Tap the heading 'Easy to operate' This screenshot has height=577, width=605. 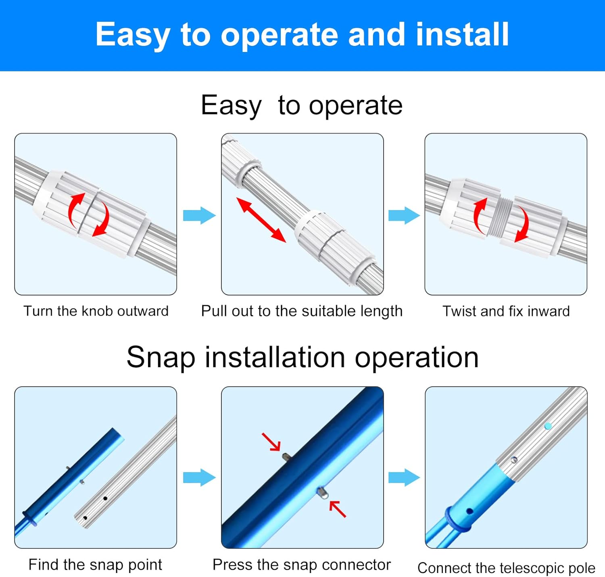[301, 106]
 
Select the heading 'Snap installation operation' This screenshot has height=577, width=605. [302, 357]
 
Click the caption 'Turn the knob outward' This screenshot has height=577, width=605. [96, 311]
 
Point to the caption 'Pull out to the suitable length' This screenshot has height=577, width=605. [302, 311]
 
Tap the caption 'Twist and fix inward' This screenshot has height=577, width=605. [506, 311]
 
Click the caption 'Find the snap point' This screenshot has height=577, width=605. [95, 565]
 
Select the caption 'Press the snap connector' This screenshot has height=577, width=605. [302, 565]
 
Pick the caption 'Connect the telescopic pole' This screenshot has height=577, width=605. [506, 568]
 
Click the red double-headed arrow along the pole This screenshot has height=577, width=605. [261, 220]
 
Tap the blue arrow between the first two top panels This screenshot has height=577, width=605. [199, 215]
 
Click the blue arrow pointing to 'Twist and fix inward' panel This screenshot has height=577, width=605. [404, 215]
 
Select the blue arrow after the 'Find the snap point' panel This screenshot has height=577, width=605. [199, 477]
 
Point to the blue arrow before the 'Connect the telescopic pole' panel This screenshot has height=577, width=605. [404, 477]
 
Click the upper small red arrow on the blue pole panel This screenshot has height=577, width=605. [271, 442]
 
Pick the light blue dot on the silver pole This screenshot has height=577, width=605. [547, 426]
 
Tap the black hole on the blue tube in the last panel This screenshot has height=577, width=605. [469, 511]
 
